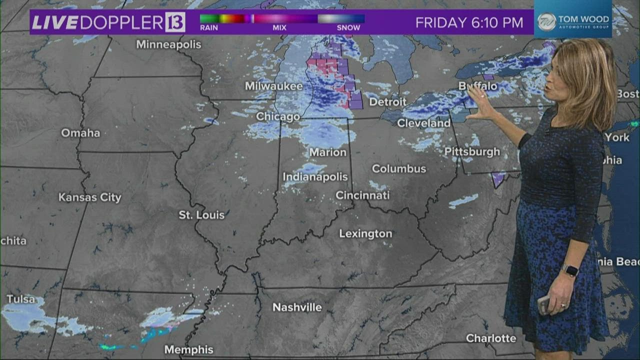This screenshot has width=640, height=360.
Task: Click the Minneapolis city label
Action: pyautogui.click(x=168, y=44)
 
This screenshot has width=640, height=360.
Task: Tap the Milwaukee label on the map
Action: pyautogui.click(x=273, y=86)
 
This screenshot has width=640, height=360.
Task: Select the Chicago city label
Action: pyautogui.click(x=277, y=116)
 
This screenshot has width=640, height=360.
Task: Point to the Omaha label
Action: pyautogui.click(x=80, y=133)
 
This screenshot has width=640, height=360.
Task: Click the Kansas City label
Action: pyautogui.click(x=90, y=197)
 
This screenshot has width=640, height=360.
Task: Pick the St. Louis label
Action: pyautogui.click(x=201, y=215)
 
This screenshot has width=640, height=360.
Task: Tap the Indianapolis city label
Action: pyautogui.click(x=315, y=177)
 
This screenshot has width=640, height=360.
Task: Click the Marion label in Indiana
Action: pyautogui.click(x=327, y=152)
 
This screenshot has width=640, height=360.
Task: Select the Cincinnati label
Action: pyautogui.click(x=362, y=195)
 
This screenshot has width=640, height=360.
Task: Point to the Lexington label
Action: pyautogui.click(x=365, y=233)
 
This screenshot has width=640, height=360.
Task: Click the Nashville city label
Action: pyautogui.click(x=297, y=307)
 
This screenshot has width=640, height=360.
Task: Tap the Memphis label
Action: pyautogui.click(x=189, y=349)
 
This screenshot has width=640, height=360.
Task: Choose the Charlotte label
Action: pyautogui.click(x=491, y=338)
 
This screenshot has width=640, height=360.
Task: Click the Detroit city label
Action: pyautogui.click(x=387, y=102)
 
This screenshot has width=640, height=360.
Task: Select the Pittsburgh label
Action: pyautogui.click(x=472, y=151)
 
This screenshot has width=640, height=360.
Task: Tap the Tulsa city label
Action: pyautogui.click(x=21, y=299)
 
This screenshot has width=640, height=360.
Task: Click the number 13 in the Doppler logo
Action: pyautogui.click(x=175, y=22)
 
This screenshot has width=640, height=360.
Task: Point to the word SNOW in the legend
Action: pyautogui.click(x=348, y=28)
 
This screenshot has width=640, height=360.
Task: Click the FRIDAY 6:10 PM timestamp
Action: pyautogui.click(x=469, y=23)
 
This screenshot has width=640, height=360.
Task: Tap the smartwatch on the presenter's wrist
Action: pyautogui.click(x=570, y=270)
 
